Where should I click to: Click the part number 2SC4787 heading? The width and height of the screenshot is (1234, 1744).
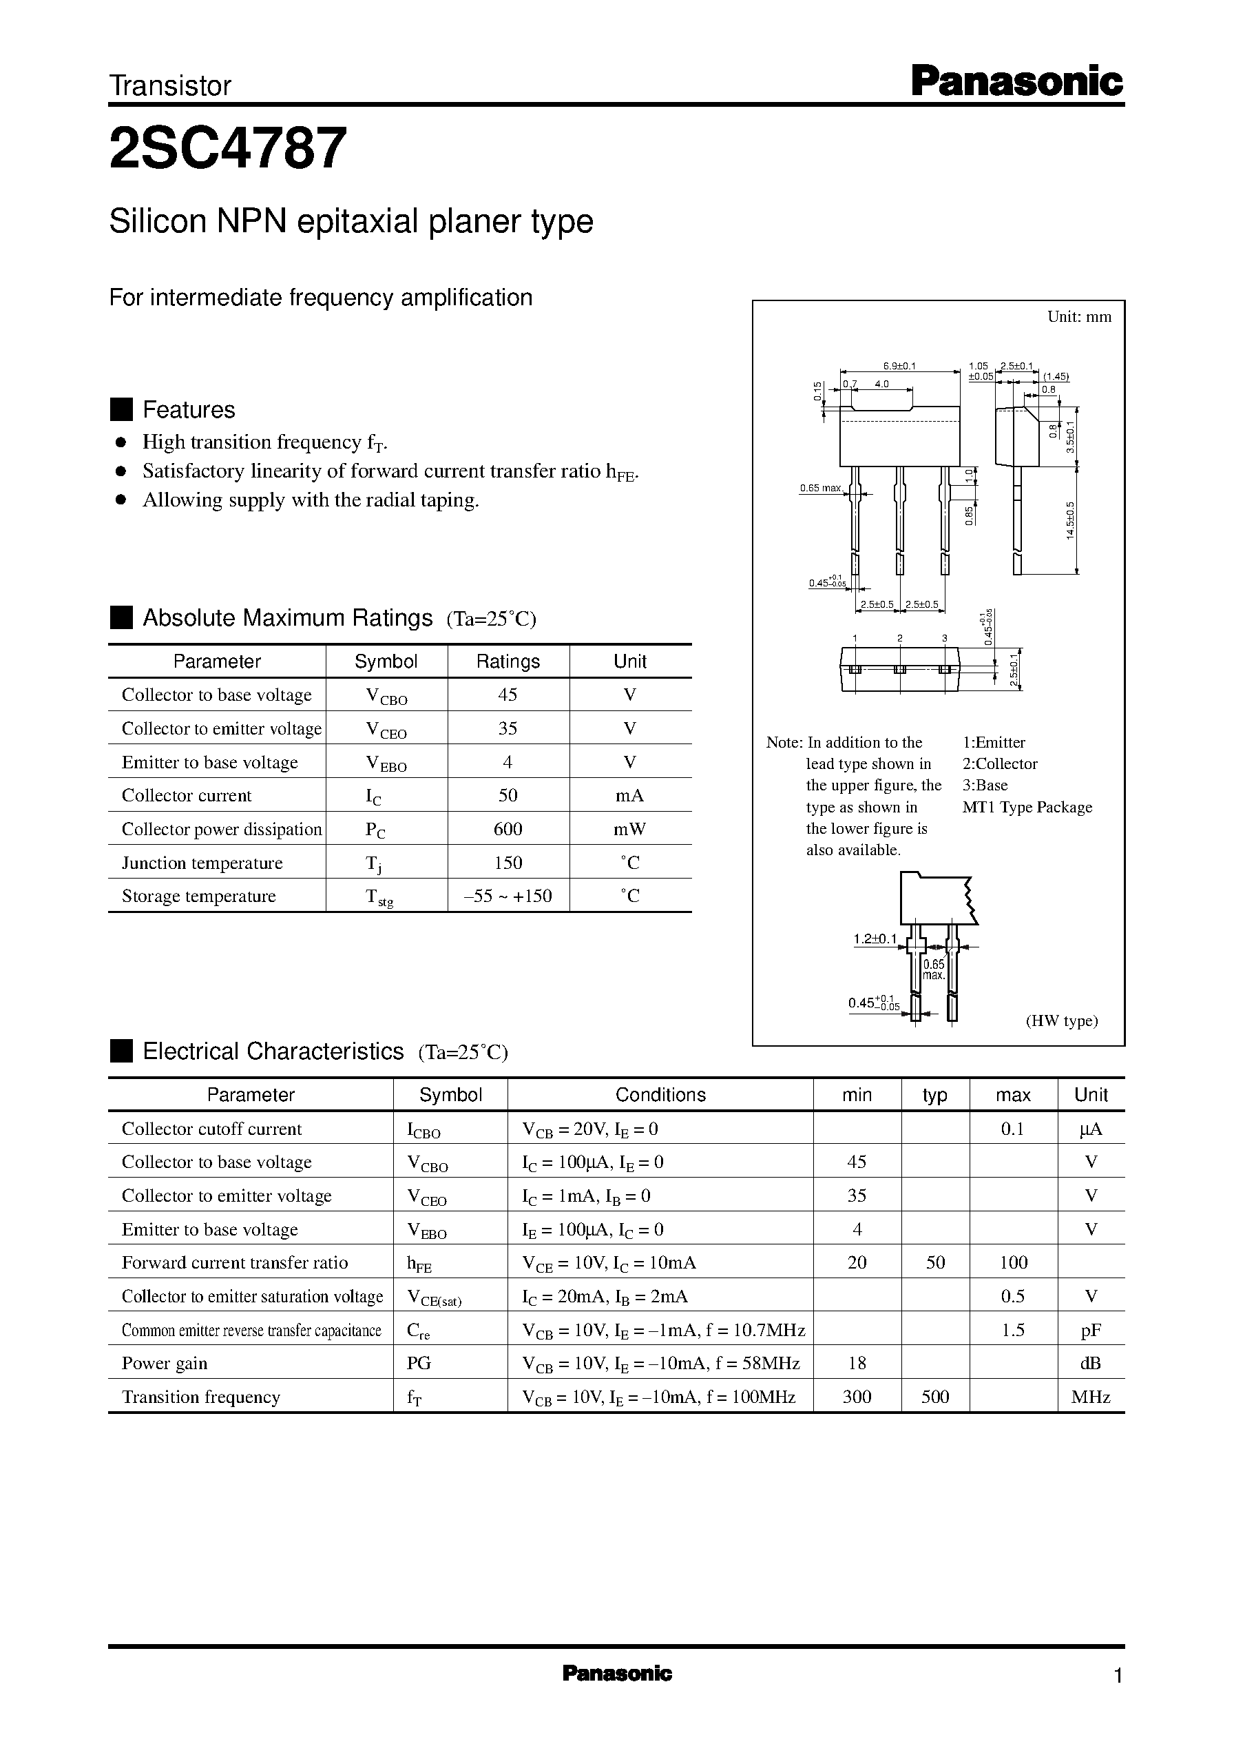pos(228,149)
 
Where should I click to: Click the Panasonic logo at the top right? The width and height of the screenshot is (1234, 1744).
pos(1016,81)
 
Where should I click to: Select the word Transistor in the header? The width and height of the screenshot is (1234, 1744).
pos(170,86)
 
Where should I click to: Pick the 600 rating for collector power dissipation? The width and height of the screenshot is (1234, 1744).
pos(508,829)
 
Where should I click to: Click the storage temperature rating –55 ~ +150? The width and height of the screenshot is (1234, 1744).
pos(508,896)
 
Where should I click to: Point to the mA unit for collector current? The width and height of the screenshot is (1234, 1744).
pos(629,795)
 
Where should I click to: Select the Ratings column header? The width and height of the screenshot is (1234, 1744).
pos(508,661)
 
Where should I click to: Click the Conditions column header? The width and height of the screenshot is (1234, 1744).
pos(660,1095)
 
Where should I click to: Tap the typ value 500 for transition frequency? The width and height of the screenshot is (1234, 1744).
pos(934,1397)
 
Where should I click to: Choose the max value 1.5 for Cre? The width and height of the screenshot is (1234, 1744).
pos(1013,1330)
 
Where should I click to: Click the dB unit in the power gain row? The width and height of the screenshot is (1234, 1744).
pos(1090,1363)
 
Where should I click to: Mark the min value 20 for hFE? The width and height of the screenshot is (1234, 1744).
pos(857,1263)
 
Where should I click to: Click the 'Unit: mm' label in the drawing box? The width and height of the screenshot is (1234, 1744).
pos(1079,317)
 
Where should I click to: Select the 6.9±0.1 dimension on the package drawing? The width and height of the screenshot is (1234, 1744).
pos(899,366)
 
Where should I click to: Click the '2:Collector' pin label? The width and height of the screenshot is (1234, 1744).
pos(999,763)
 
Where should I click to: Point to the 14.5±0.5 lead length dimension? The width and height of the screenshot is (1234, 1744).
pos(1070,520)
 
